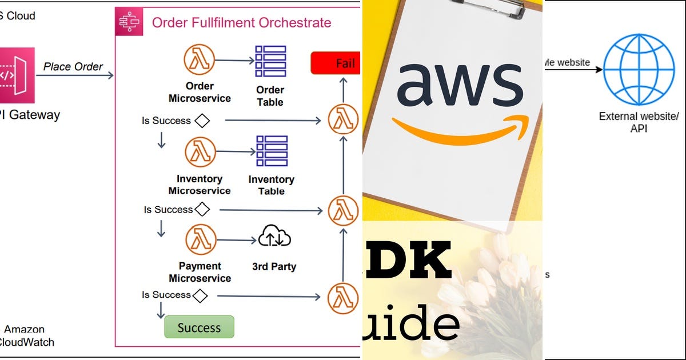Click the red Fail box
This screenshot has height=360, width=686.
pos(336,63)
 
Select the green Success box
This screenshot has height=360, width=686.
pos(199,327)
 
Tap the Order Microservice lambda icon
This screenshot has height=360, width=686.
pos(199,59)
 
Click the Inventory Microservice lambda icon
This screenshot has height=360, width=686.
pos(200,152)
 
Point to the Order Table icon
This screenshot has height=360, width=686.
pos(270,61)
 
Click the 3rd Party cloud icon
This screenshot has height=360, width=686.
pos(274,237)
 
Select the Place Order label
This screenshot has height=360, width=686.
pos(73,67)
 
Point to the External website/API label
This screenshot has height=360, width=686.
pos(639,122)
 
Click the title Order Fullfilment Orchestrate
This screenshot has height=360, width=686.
pos(241,23)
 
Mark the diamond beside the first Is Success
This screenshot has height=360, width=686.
pos(202,121)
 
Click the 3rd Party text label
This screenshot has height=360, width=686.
pos(274,266)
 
